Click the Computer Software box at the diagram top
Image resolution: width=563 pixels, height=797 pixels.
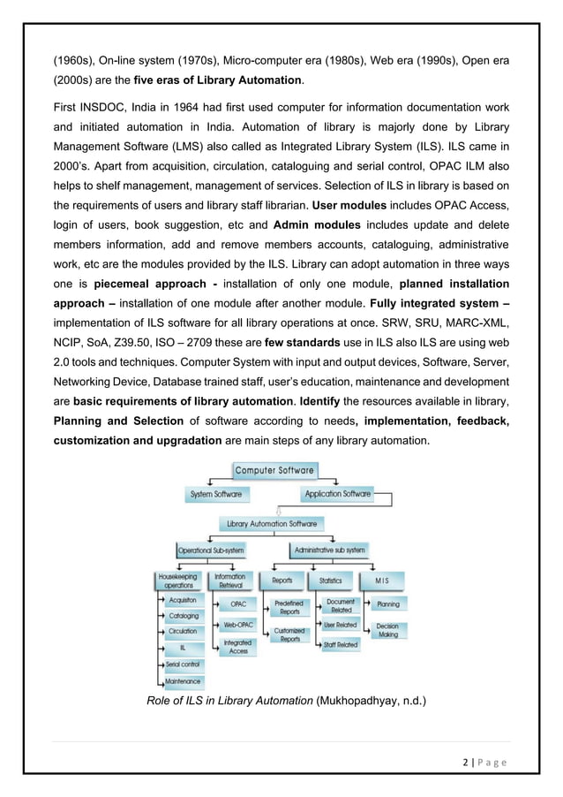[x=279, y=470]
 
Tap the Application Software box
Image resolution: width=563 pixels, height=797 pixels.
[x=337, y=494]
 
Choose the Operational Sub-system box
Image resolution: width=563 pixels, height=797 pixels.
[x=210, y=550]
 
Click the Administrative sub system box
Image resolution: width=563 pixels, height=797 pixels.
[x=330, y=550]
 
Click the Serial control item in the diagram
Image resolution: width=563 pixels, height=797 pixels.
[x=184, y=664]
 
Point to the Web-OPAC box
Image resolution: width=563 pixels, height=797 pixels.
[x=237, y=625]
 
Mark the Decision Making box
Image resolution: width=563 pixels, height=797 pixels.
[x=387, y=630]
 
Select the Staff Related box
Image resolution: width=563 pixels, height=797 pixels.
[x=341, y=645]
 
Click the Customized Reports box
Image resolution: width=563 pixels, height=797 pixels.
[x=289, y=634]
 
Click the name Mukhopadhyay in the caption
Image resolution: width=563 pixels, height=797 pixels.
[x=357, y=702]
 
